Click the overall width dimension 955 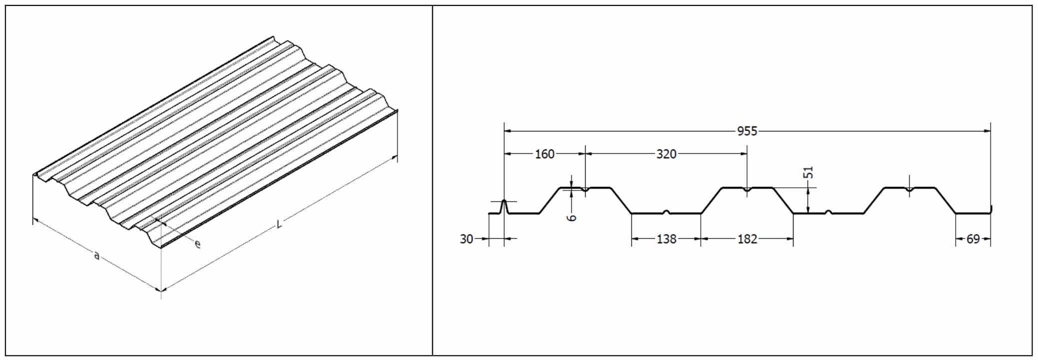click(747, 131)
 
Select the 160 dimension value click(544, 154)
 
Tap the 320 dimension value click(666, 154)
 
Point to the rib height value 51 click(810, 172)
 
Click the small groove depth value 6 click(573, 217)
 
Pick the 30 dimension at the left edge click(466, 239)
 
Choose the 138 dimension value click(666, 239)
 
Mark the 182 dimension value click(747, 239)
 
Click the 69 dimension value click(973, 239)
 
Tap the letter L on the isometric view click(279, 223)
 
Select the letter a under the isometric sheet click(96, 256)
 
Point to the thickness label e click(198, 244)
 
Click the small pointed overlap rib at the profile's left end click(504, 205)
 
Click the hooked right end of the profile click(991, 209)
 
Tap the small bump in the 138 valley click(666, 212)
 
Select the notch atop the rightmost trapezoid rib click(909, 189)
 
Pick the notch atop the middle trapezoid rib click(747, 189)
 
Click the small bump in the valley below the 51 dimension click(828, 212)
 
